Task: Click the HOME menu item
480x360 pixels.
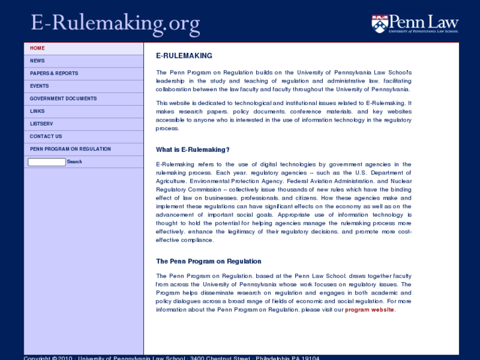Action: pos(38,48)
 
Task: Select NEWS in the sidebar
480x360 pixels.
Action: pos(38,61)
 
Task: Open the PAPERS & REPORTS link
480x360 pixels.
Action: pos(54,73)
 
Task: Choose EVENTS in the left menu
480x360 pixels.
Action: pos(40,86)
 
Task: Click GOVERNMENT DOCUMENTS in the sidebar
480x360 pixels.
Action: pos(63,98)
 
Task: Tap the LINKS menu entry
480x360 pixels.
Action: pos(38,111)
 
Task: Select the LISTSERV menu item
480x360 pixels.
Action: pos(41,124)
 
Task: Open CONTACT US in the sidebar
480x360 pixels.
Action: pos(46,136)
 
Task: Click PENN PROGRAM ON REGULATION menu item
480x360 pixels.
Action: pos(71,149)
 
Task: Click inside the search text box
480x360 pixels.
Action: pos(46,162)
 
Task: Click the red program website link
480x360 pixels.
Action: pos(369,310)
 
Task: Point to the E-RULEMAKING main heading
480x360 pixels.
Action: pos(184,56)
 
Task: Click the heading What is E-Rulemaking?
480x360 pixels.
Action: pos(193,149)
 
